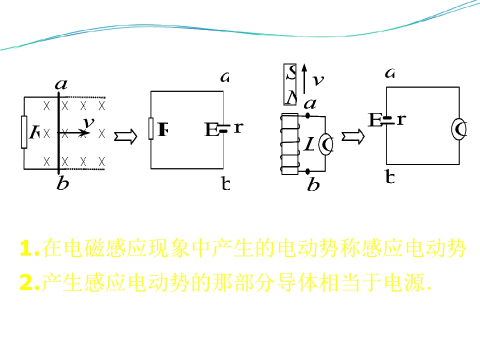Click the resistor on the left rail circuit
(x=24, y=132)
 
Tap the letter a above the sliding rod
(x=61, y=84)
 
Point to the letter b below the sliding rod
(x=62, y=184)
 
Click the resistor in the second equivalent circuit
(x=151, y=128)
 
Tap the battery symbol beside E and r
(x=223, y=128)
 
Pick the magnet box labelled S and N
(x=290, y=84)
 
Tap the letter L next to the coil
(x=310, y=145)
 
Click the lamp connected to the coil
(x=326, y=144)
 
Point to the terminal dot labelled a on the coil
(x=307, y=116)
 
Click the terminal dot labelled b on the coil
(x=307, y=171)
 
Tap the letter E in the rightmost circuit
(x=374, y=120)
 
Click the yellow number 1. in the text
(x=29, y=248)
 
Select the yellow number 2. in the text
(x=29, y=283)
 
